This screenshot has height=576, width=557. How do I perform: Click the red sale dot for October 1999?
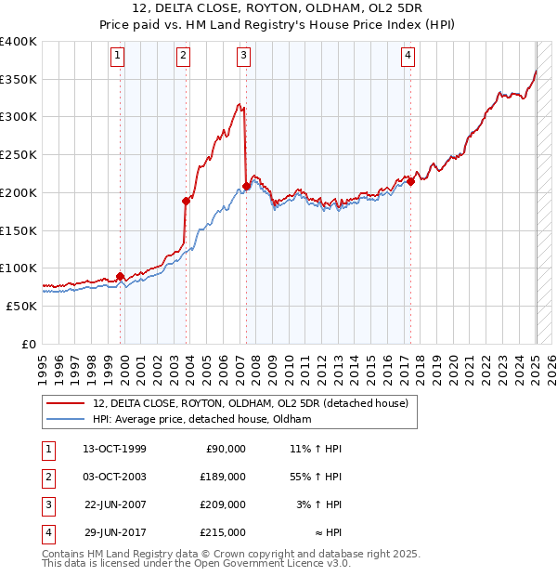pyautogui.click(x=121, y=276)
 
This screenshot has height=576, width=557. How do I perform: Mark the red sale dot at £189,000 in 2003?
pyautogui.click(x=186, y=201)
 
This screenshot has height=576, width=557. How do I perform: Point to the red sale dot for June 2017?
pyautogui.click(x=410, y=181)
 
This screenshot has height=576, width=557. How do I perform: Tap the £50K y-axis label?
pyautogui.click(x=22, y=306)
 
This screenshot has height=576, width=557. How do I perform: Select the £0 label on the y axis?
pyautogui.click(x=30, y=344)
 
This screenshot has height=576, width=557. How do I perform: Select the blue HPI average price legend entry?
pyautogui.click(x=201, y=420)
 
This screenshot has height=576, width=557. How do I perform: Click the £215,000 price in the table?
pyautogui.click(x=223, y=532)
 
